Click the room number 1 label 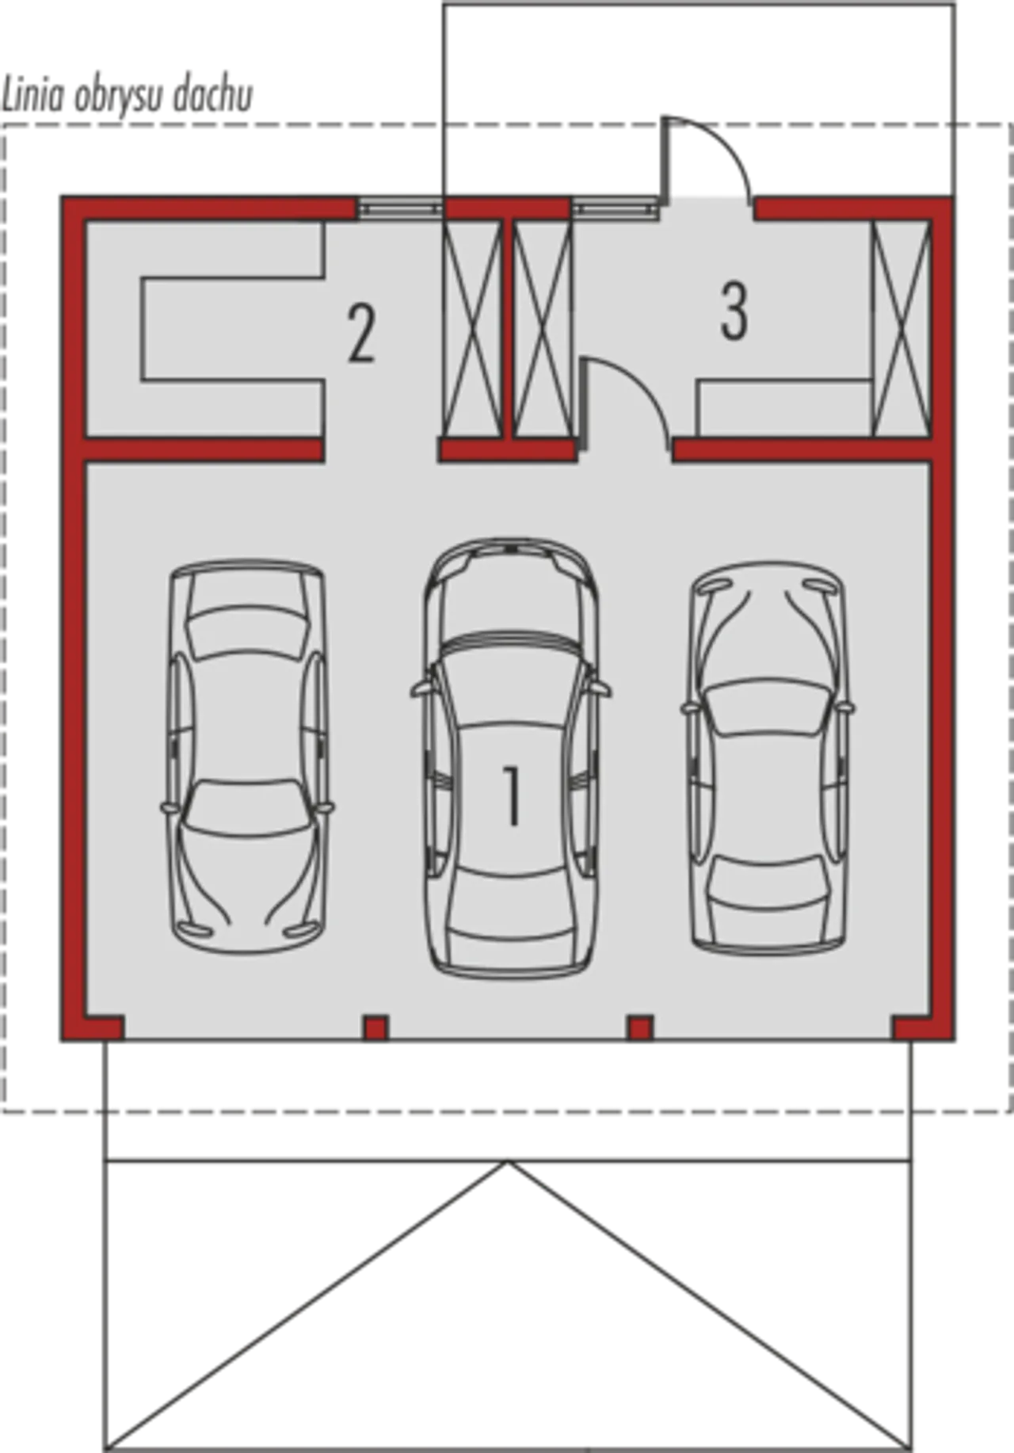coord(513,796)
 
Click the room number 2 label coord(362,334)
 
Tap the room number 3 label coord(734,312)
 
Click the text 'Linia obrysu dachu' coord(127,96)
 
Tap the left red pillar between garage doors coord(375,1027)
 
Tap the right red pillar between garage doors coord(641,1027)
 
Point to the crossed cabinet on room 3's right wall coord(901,328)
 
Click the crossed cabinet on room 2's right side coord(473,328)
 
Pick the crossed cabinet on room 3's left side coord(543,328)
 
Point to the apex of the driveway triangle coord(508,1161)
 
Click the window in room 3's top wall coord(616,208)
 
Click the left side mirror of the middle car coord(421,690)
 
